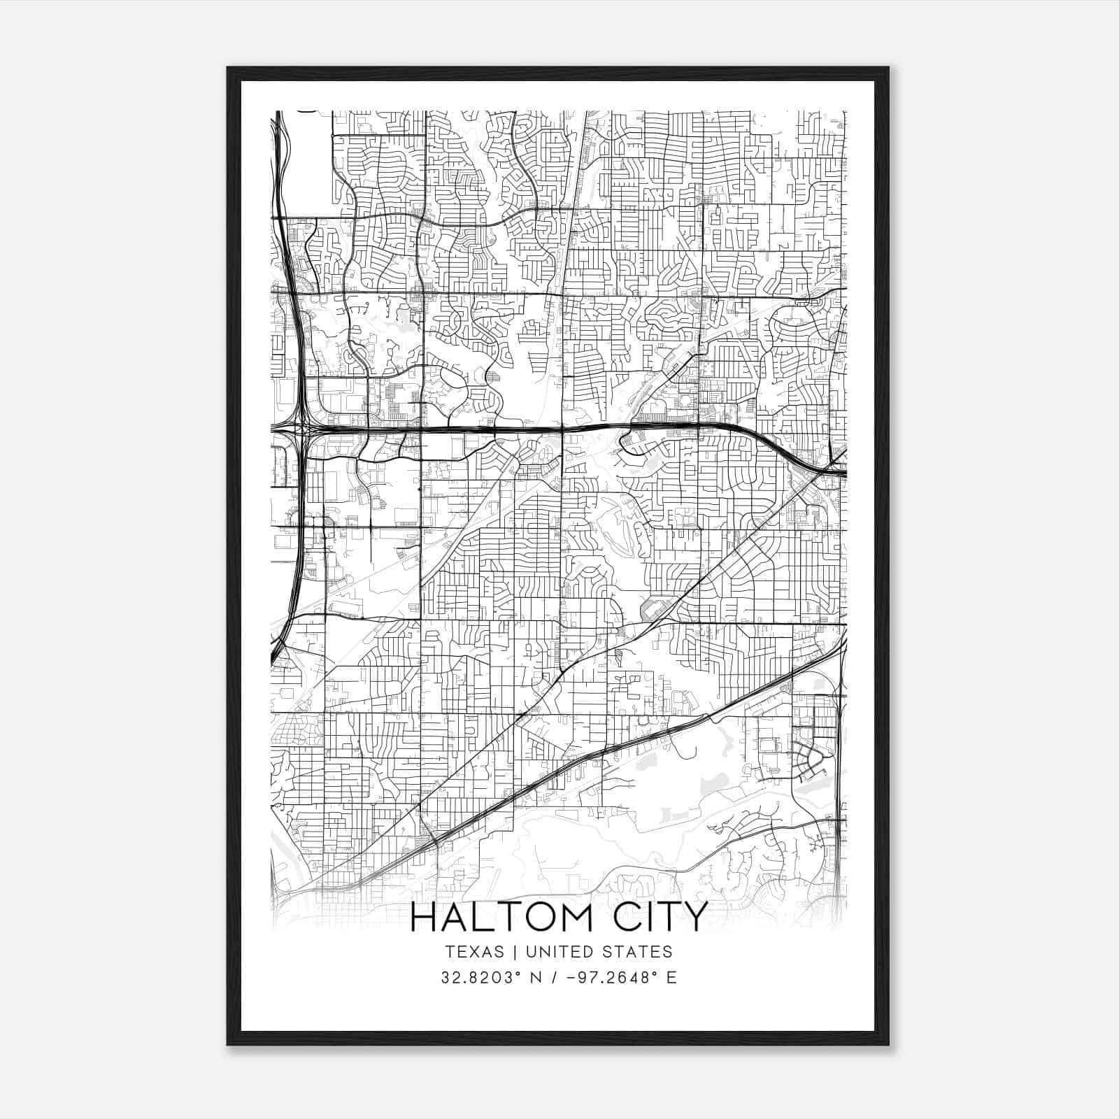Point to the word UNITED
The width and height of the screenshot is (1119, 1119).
(557, 951)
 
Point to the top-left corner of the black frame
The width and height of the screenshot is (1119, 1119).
(228, 68)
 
